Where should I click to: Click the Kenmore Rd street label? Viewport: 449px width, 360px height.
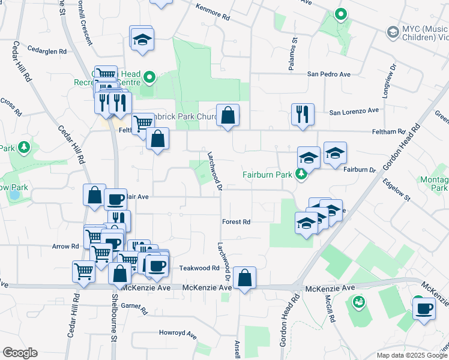(x=213, y=13)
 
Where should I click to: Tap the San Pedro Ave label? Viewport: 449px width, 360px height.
(x=328, y=74)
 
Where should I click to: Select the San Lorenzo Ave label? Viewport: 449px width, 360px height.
(x=354, y=111)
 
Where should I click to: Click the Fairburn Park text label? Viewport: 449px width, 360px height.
(x=267, y=175)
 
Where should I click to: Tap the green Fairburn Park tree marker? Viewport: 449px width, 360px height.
(x=301, y=175)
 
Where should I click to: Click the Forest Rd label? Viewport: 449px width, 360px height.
(x=236, y=221)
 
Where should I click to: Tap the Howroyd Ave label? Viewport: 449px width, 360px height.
(x=178, y=332)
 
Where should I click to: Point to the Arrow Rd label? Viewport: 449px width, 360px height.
(x=65, y=246)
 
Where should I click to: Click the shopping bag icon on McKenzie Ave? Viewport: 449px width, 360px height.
(x=244, y=278)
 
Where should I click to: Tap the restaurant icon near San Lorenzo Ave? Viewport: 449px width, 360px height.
(x=303, y=114)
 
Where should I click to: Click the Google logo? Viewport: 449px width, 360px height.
(x=20, y=353)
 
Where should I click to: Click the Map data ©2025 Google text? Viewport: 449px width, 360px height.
(x=411, y=355)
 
